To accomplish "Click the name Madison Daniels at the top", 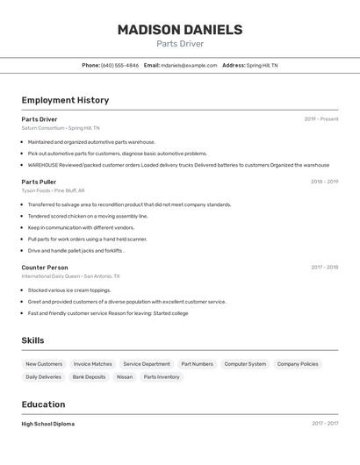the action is [179, 30].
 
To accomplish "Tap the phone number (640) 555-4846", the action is [119, 65].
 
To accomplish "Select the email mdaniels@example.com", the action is [189, 65].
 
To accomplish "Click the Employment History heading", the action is [65, 100].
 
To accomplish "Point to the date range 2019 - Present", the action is [320, 119].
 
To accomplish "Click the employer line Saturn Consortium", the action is [61, 128].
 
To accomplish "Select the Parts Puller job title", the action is [39, 182].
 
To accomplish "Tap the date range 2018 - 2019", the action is [324, 182].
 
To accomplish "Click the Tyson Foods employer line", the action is [53, 190].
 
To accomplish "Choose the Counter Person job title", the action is [45, 267].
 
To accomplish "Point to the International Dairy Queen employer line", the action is [70, 276].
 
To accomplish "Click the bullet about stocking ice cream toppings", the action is [69, 290].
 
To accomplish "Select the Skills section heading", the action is [32, 340].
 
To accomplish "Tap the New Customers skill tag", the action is [44, 364].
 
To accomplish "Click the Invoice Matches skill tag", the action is [92, 364].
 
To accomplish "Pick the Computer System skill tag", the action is [245, 364].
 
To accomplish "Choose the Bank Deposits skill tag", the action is [89, 377].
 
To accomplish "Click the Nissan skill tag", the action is [125, 377].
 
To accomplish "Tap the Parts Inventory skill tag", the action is [162, 377].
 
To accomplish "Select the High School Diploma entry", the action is [48, 424].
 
